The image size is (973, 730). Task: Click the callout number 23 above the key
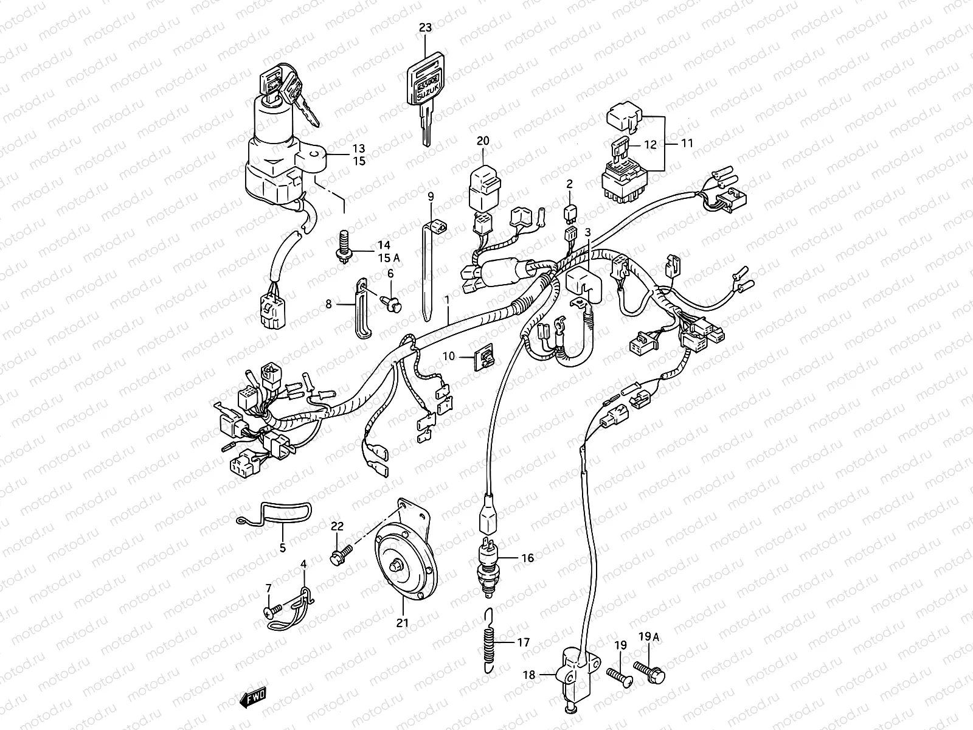pyautogui.click(x=425, y=27)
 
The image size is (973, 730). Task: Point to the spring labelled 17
pyautogui.click(x=491, y=649)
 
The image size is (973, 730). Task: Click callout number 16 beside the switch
pyautogui.click(x=527, y=557)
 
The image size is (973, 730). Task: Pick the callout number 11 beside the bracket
pyautogui.click(x=687, y=144)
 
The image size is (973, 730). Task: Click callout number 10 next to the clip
pyautogui.click(x=448, y=356)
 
